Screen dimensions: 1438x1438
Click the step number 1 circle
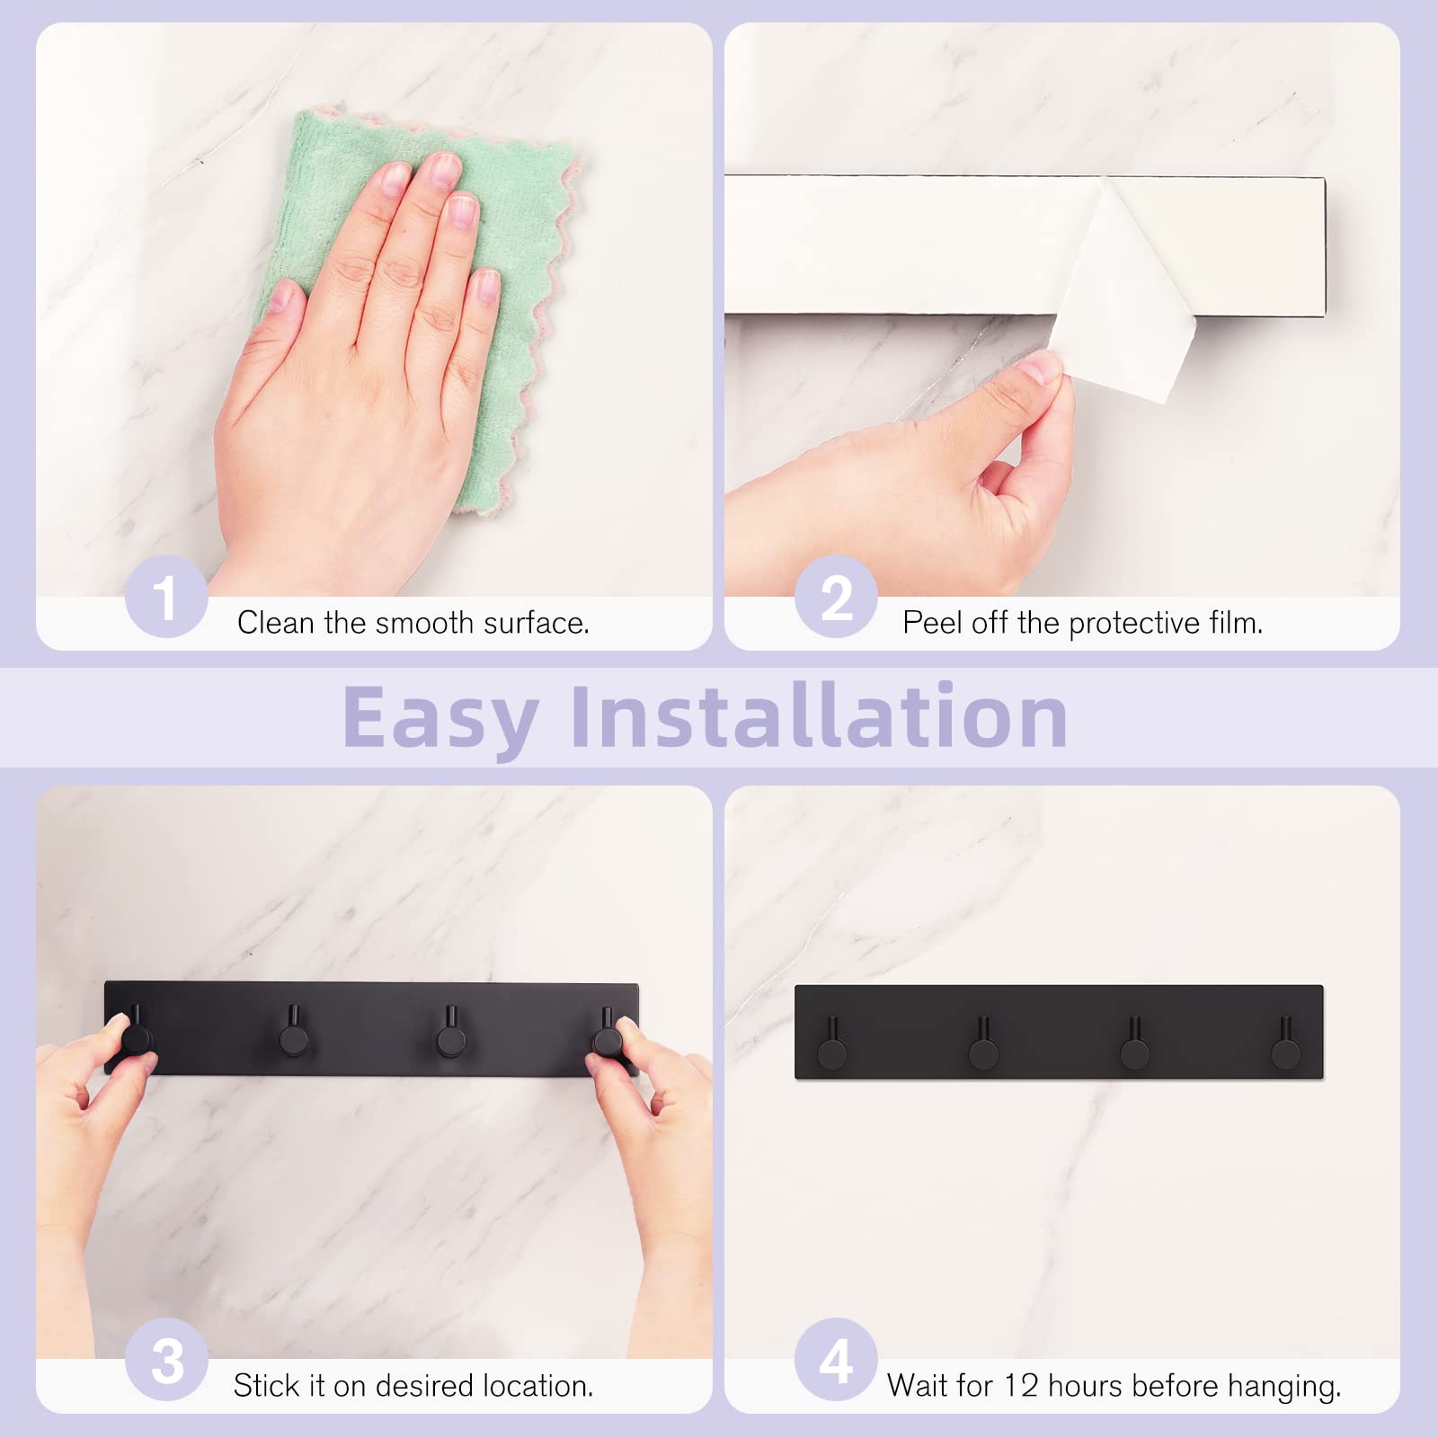[166, 597]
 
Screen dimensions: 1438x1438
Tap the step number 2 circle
[836, 597]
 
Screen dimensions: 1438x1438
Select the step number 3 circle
[166, 1359]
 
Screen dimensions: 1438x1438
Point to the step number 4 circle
[836, 1359]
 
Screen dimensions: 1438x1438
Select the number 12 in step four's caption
[1021, 1385]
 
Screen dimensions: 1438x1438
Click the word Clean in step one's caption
[276, 623]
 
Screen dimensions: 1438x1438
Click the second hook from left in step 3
[294, 1034]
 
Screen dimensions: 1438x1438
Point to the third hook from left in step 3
[450, 1034]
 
